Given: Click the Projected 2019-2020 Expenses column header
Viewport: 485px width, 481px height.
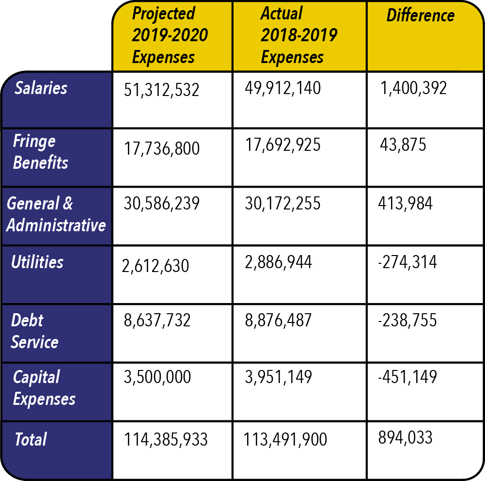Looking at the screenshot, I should tap(170, 35).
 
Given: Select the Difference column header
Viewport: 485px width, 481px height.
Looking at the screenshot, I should tap(421, 16).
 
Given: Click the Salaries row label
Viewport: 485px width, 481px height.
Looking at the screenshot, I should tap(41, 88).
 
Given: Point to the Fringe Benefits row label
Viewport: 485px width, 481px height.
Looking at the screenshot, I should tap(41, 152).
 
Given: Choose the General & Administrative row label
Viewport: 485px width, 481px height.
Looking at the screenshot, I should tap(56, 214).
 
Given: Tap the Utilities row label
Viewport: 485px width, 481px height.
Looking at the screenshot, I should tap(37, 262).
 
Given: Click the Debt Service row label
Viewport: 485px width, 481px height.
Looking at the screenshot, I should tap(34, 331).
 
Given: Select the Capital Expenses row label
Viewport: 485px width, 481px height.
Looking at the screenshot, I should tap(44, 388).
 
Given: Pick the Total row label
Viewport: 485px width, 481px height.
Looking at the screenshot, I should tap(31, 440).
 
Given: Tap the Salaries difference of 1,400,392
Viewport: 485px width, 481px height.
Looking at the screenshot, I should tap(413, 88).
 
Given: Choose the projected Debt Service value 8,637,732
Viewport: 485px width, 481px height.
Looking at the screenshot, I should tap(157, 321).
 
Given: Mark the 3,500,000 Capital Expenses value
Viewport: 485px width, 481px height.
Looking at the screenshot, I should tap(157, 377).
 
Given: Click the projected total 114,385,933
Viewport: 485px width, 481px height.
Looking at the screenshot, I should tap(166, 440).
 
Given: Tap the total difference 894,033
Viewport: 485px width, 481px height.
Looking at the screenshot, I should tap(405, 437).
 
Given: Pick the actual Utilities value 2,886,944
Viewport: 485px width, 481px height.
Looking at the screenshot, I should tap(279, 262).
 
